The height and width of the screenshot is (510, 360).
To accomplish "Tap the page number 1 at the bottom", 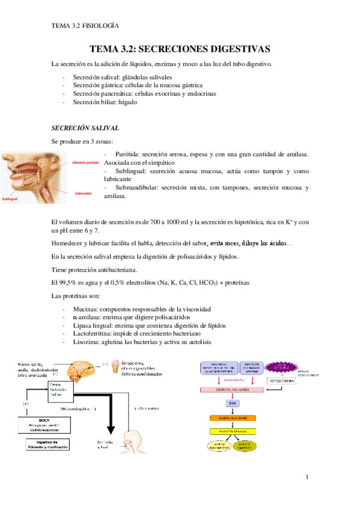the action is (307, 478).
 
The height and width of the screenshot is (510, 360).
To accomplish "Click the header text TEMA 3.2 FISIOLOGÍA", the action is (85, 26).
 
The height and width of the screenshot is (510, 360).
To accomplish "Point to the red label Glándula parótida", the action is (85, 162).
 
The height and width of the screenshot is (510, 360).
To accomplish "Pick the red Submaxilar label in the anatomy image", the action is (83, 194).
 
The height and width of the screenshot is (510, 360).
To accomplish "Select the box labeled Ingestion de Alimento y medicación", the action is (48, 446).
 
